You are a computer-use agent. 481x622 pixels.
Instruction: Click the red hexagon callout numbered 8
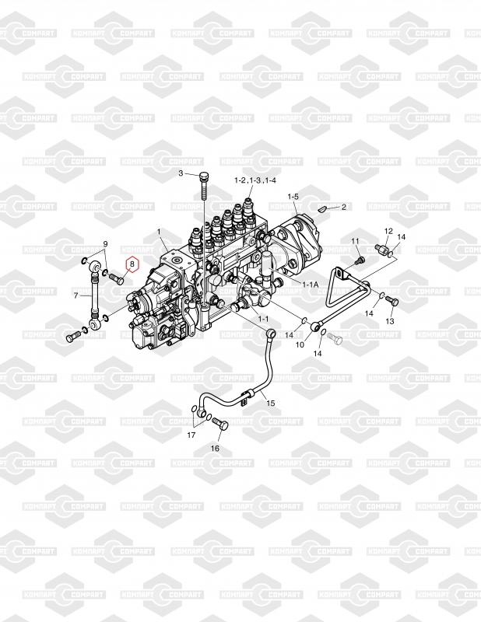coord(132,264)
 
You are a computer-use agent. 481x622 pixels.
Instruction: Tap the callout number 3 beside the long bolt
coord(181,173)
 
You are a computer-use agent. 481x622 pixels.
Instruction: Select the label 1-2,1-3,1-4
coord(255,180)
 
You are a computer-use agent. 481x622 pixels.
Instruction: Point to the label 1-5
coord(293,197)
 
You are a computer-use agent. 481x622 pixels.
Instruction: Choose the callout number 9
coord(105,245)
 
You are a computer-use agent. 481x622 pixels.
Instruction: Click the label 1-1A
coord(310,285)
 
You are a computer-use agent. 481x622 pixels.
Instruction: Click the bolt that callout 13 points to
coord(390,301)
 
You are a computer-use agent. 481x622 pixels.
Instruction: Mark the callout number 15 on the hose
coord(270,402)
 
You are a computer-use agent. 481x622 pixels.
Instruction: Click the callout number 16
coord(216,449)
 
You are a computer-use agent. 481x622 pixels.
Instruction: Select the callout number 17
coord(191,435)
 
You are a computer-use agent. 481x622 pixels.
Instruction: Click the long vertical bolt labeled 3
coord(203,187)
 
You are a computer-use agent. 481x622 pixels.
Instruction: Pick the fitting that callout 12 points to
coord(383,250)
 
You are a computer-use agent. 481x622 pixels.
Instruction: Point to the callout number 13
coord(390,321)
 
